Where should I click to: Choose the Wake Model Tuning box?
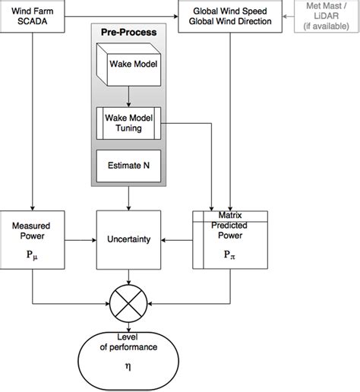point(128,123)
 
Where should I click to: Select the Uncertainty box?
point(128,239)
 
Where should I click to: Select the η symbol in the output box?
point(128,365)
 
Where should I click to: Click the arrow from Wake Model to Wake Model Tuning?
point(128,96)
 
